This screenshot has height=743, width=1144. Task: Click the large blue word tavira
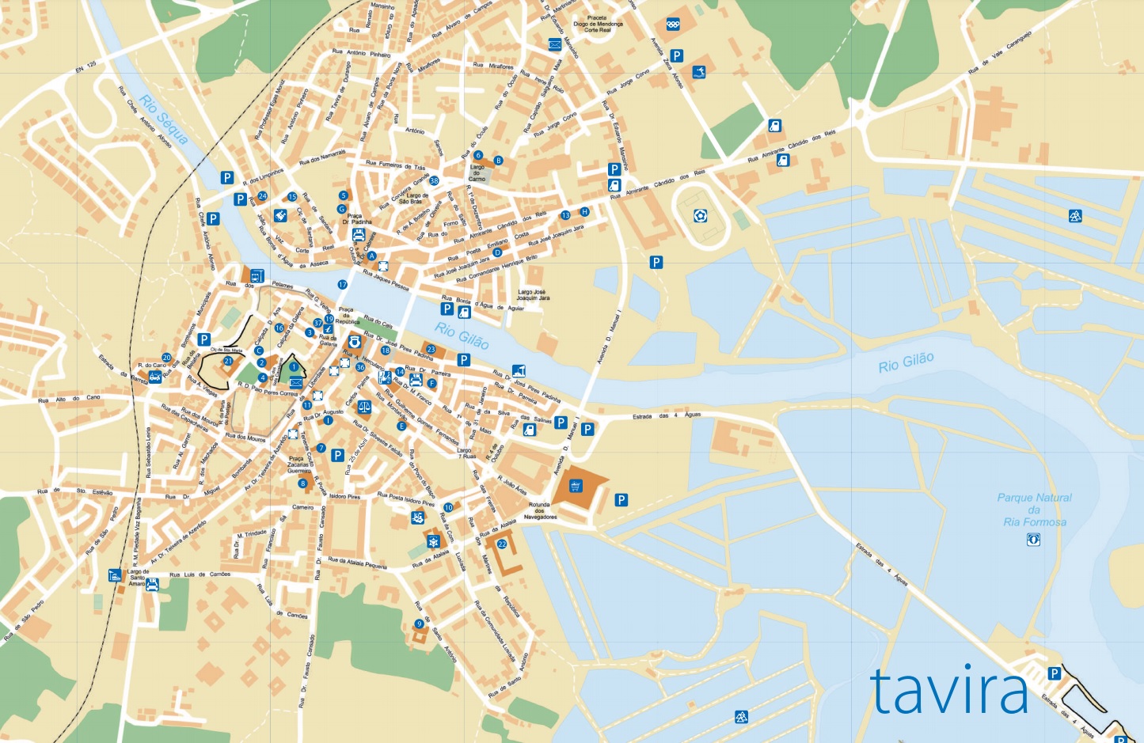[949, 691]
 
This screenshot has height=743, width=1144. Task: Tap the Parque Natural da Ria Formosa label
[1034, 509]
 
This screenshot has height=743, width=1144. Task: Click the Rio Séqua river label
[164, 120]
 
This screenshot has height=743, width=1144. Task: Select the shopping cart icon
[576, 486]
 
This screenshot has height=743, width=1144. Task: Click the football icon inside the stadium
[700, 215]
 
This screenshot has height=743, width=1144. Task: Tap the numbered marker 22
[502, 544]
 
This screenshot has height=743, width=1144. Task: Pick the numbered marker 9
[419, 624]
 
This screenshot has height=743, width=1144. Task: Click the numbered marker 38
[434, 181]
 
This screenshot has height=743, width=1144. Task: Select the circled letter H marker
[584, 211]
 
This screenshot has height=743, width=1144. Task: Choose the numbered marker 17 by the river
[343, 284]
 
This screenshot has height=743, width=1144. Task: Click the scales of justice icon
[364, 407]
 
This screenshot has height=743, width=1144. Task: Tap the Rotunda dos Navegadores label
[539, 510]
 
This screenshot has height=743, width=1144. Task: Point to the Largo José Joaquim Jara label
[534, 295]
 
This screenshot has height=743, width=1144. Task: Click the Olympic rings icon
[673, 24]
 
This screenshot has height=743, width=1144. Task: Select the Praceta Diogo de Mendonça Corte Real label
[598, 24]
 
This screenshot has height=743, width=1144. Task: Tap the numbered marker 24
[262, 195]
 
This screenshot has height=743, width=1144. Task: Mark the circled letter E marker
[401, 426]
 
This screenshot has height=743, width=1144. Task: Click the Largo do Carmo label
[477, 173]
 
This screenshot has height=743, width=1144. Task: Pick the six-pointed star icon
[433, 541]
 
